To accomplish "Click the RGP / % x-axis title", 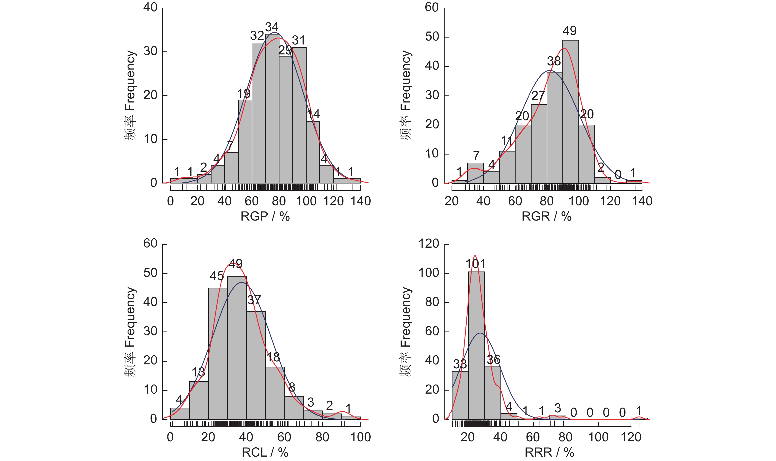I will tap(265, 216).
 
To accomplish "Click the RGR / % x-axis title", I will tap(546, 216).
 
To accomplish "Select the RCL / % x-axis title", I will tap(265, 452).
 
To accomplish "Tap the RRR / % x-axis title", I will tap(549, 452).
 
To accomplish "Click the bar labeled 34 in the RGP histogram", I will tap(272, 109).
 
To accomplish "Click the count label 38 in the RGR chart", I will tap(554, 61).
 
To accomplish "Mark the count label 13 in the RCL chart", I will tap(198, 372).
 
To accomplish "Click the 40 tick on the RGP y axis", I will tap(151, 7).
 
